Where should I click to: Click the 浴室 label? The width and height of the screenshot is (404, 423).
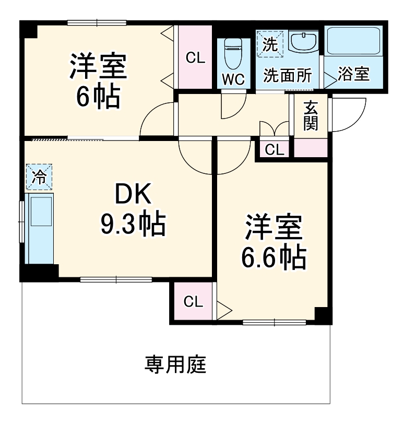(353, 74)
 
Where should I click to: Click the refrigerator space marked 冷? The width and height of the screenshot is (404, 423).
(39, 177)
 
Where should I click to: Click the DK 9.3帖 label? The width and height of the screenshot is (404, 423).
(133, 210)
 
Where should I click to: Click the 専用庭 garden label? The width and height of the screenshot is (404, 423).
(175, 365)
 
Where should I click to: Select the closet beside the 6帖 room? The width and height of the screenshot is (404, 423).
(195, 58)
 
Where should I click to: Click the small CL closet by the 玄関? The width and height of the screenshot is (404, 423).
(275, 150)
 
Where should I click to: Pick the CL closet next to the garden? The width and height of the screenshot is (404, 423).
(193, 302)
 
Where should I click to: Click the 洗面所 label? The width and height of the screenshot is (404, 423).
(287, 76)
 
